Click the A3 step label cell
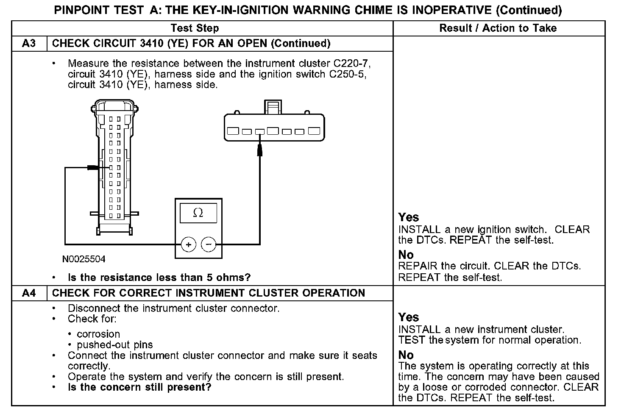point(29,44)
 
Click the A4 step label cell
point(29,293)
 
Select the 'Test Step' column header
point(195,28)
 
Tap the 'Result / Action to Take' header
point(498,28)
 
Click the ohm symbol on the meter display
point(198,213)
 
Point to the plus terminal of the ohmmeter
point(189,244)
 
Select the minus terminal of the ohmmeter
point(208,244)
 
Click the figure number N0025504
point(84,259)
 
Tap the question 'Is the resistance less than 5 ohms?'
point(159,278)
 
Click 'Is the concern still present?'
point(139,387)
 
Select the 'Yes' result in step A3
point(409,217)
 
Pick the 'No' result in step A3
point(406,255)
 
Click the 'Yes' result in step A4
point(409,317)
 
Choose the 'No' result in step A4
point(406,355)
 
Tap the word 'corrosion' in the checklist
point(98,334)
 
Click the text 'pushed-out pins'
point(115,345)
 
